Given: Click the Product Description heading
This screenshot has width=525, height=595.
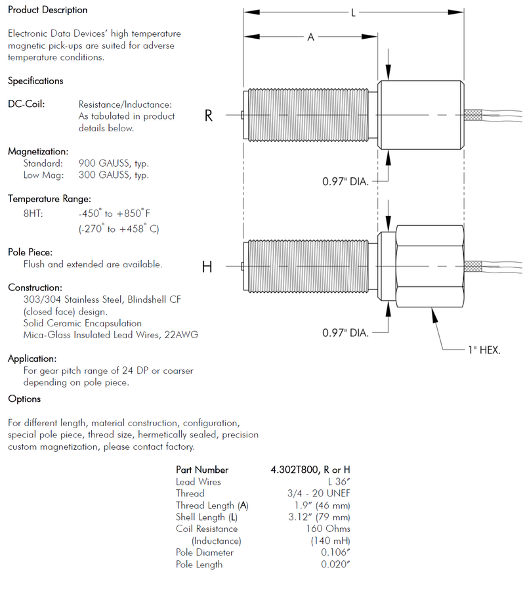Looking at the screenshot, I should [x=47, y=11].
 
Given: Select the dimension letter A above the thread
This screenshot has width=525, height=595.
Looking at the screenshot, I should [x=311, y=38].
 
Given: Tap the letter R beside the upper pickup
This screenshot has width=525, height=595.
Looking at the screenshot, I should [x=209, y=116].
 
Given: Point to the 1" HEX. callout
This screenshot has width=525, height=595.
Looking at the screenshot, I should [x=484, y=351].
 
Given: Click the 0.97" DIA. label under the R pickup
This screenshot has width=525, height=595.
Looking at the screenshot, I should [x=346, y=181].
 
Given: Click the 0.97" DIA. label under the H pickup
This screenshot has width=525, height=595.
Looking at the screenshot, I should [x=346, y=333].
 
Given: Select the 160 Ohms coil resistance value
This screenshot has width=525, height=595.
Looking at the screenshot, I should [x=327, y=529].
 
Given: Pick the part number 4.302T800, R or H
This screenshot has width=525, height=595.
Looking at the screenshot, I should [x=310, y=470].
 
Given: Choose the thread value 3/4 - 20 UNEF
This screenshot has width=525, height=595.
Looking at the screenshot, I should [x=314, y=493].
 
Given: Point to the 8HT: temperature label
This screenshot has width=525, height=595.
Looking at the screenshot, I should [x=33, y=214].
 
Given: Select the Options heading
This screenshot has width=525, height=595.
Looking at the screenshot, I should [x=24, y=399].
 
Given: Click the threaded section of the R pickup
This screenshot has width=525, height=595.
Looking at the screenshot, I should [x=308, y=116].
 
